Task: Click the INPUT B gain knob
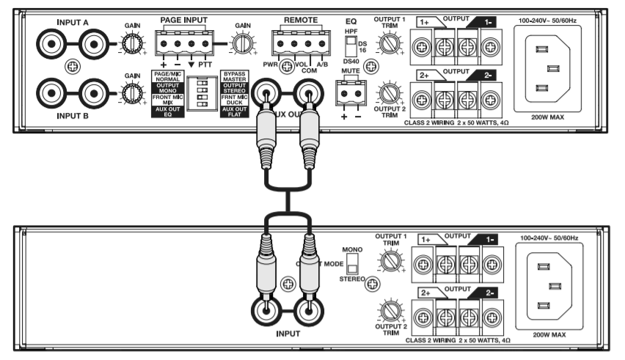click(132, 93)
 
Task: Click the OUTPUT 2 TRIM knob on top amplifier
click(388, 92)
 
